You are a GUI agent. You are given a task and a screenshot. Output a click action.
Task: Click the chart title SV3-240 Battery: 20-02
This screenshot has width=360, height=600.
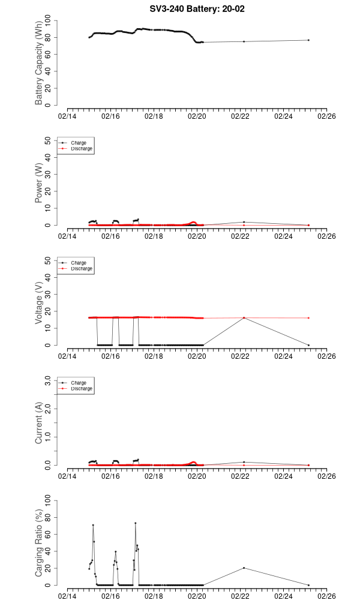197,9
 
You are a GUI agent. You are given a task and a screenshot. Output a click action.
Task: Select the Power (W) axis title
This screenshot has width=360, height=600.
39,183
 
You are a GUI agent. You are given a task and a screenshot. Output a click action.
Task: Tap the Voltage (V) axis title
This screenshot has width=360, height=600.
39,303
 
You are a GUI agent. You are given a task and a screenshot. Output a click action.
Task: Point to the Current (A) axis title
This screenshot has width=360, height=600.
39,423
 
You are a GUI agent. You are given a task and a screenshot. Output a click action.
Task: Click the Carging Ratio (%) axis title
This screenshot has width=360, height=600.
39,543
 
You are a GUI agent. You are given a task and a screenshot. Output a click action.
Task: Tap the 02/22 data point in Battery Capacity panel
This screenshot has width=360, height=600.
244,41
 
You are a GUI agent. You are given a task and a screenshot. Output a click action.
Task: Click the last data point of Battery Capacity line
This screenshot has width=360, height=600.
308,40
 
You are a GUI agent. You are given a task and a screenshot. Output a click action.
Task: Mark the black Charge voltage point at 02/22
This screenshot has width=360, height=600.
244,318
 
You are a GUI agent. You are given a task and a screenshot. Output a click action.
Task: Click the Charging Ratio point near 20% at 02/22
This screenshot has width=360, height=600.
244,568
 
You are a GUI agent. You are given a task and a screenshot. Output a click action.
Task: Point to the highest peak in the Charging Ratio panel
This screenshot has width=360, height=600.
135,523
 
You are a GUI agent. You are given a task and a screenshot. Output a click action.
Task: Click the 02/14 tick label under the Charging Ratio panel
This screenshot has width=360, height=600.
67,596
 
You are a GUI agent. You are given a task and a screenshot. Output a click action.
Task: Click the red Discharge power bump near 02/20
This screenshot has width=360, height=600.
193,222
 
